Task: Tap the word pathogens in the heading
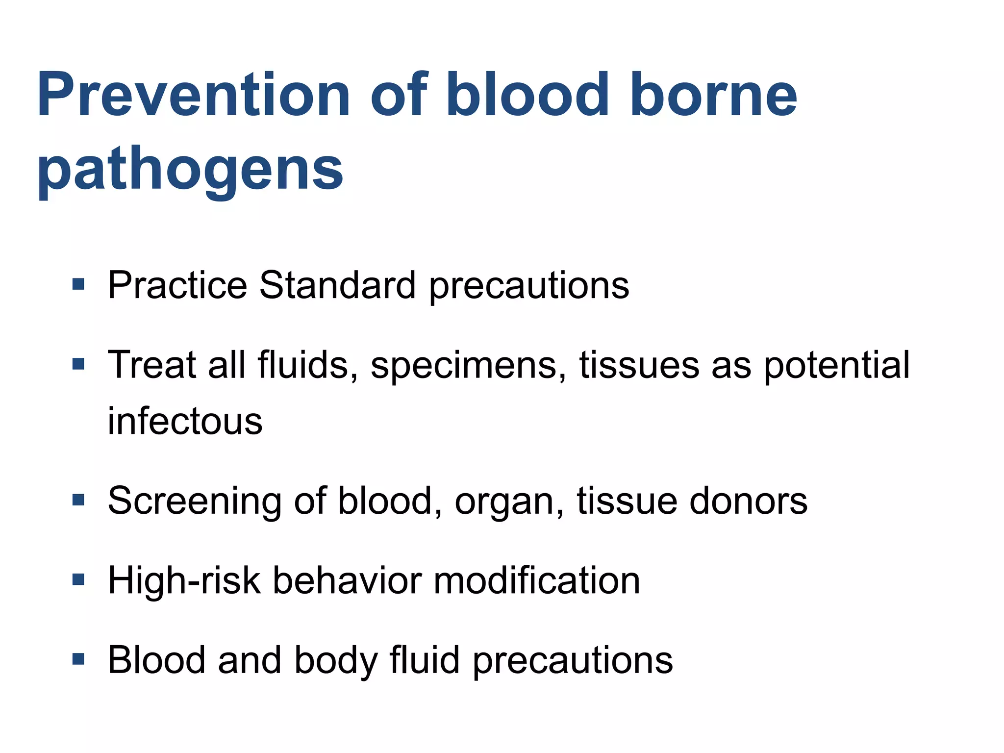pos(190,169)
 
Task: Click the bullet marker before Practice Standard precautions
pos(78,284)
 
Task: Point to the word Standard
pos(337,285)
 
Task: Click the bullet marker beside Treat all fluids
pos(78,364)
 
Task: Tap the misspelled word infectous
pos(185,421)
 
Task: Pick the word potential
pos(836,366)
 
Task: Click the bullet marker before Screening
pos(78,500)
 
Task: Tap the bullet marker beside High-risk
pos(78,580)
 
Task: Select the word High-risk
pos(184,581)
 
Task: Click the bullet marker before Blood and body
pos(78,659)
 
